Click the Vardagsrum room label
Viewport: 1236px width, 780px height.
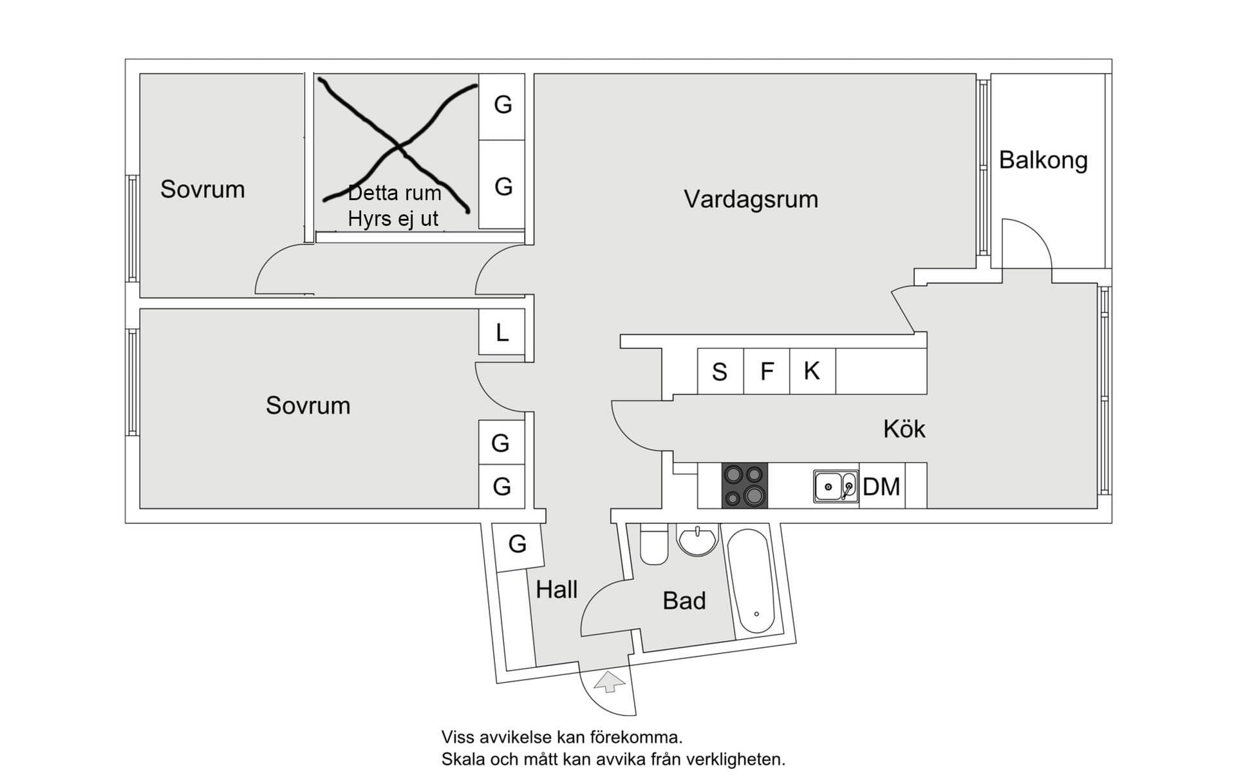[751, 200]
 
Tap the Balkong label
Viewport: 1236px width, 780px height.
[1043, 160]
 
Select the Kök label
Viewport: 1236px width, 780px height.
[904, 429]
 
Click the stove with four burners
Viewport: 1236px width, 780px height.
[744, 486]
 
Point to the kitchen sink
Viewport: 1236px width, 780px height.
[835, 487]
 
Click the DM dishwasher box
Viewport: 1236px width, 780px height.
[881, 487]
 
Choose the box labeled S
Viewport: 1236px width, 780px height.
[720, 371]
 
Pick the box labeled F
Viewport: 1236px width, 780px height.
[766, 371]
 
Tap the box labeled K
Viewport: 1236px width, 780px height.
[812, 371]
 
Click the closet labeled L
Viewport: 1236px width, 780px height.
[501, 332]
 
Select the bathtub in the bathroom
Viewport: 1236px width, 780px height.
[751, 580]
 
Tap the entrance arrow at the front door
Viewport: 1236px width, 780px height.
[609, 682]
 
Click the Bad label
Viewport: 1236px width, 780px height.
[684, 601]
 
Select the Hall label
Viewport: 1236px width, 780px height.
[557, 590]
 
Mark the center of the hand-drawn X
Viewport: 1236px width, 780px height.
[399, 147]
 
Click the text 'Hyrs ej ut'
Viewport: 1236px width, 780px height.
[393, 219]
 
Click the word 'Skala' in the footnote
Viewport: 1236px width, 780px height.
[464, 760]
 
